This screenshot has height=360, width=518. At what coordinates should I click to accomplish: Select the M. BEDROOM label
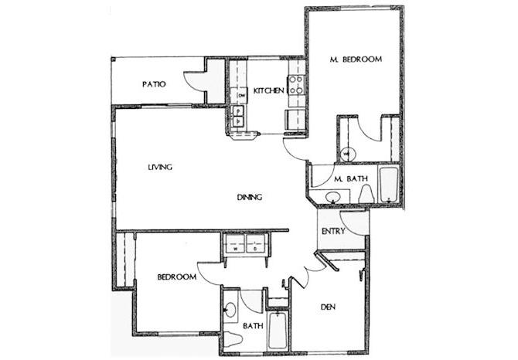pos(355,59)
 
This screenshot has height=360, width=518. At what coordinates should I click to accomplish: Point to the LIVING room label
pos(160,167)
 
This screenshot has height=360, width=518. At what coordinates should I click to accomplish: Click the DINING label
pos(250,197)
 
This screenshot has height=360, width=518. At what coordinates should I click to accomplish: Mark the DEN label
pos(332,307)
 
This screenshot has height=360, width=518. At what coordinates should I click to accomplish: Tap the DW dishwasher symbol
pos(241,95)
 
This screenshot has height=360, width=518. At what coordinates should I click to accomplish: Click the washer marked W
pos(233,248)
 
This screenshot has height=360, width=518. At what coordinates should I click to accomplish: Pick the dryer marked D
pos(253,248)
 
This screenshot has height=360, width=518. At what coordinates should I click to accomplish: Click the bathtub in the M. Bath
pos(387,185)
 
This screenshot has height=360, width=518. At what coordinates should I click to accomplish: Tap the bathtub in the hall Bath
pos(275,331)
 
